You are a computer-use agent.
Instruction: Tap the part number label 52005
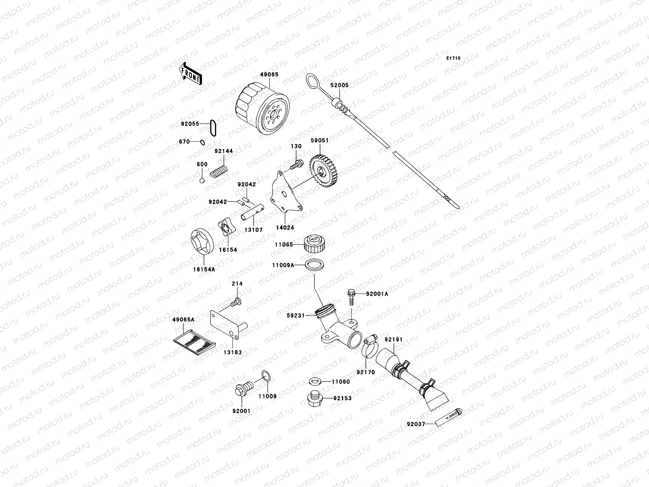(x=339, y=86)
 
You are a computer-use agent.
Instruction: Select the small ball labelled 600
(x=202, y=180)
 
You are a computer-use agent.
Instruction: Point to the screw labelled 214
(x=236, y=302)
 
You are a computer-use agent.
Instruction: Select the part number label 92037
(x=416, y=425)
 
